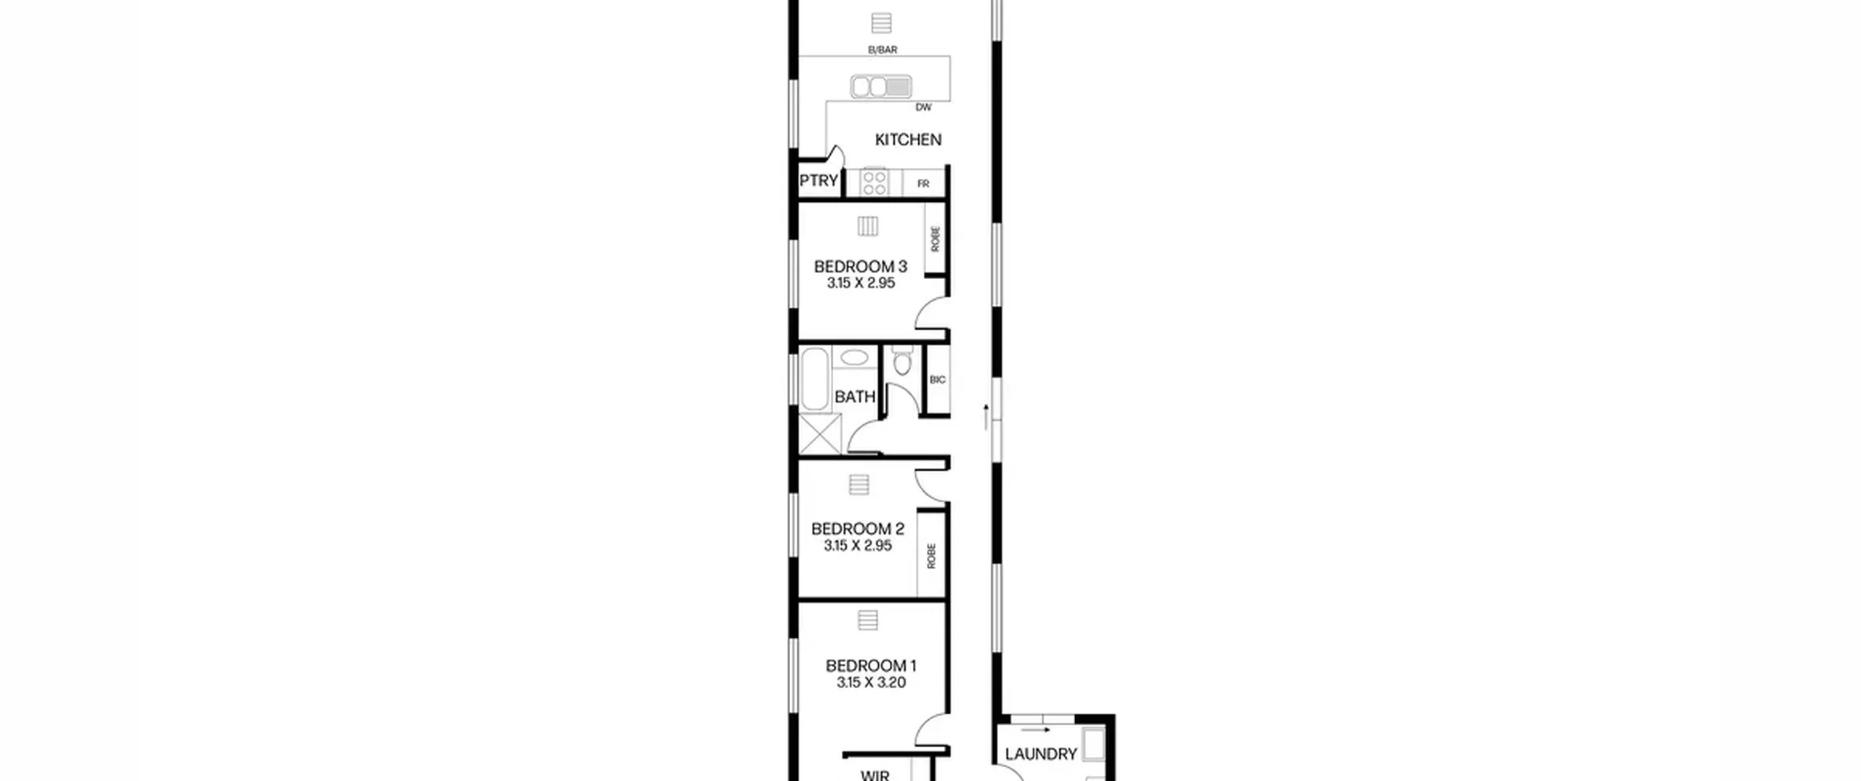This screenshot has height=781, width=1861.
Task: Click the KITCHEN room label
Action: [908, 139]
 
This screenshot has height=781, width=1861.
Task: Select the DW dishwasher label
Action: [923, 108]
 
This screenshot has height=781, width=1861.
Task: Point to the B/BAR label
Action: [883, 50]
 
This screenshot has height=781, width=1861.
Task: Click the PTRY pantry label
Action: [819, 181]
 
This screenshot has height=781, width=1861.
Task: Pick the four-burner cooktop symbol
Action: [874, 182]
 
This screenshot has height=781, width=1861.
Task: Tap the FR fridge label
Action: [923, 184]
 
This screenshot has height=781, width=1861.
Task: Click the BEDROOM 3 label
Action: [861, 267]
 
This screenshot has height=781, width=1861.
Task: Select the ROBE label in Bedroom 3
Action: [935, 239]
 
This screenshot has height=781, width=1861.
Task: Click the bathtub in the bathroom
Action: [814, 379]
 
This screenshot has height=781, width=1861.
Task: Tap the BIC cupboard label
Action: [938, 380]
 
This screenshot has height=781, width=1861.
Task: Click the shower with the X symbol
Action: [820, 434]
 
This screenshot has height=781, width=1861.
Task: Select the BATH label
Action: [855, 397]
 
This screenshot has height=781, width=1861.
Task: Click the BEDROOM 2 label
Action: [858, 529]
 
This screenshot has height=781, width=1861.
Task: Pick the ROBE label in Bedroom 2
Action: [931, 556]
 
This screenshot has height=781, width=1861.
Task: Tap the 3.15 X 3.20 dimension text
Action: [871, 683]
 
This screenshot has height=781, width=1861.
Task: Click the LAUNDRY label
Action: [1041, 754]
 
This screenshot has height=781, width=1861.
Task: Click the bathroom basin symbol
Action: [854, 357]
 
